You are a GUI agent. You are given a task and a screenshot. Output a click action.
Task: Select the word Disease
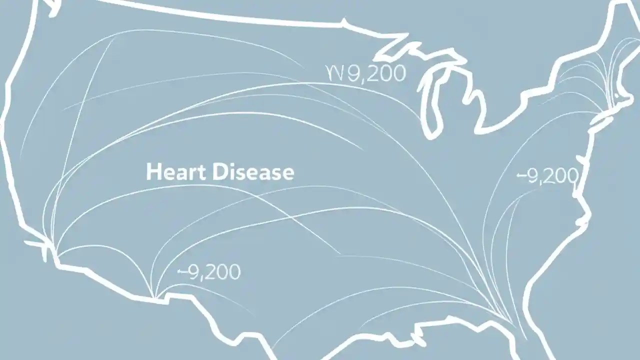tap(253, 172)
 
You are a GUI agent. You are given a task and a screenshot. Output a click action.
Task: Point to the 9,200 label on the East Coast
tap(547, 176)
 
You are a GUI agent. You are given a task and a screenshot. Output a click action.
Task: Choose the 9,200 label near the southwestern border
tap(209, 272)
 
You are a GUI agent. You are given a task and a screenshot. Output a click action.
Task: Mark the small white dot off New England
tap(617, 95)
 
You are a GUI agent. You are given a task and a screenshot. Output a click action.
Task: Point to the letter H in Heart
tap(152, 172)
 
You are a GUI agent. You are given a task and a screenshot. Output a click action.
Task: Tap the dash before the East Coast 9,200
tap(520, 176)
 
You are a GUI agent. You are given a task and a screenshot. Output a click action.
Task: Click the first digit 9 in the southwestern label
tap(194, 272)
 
